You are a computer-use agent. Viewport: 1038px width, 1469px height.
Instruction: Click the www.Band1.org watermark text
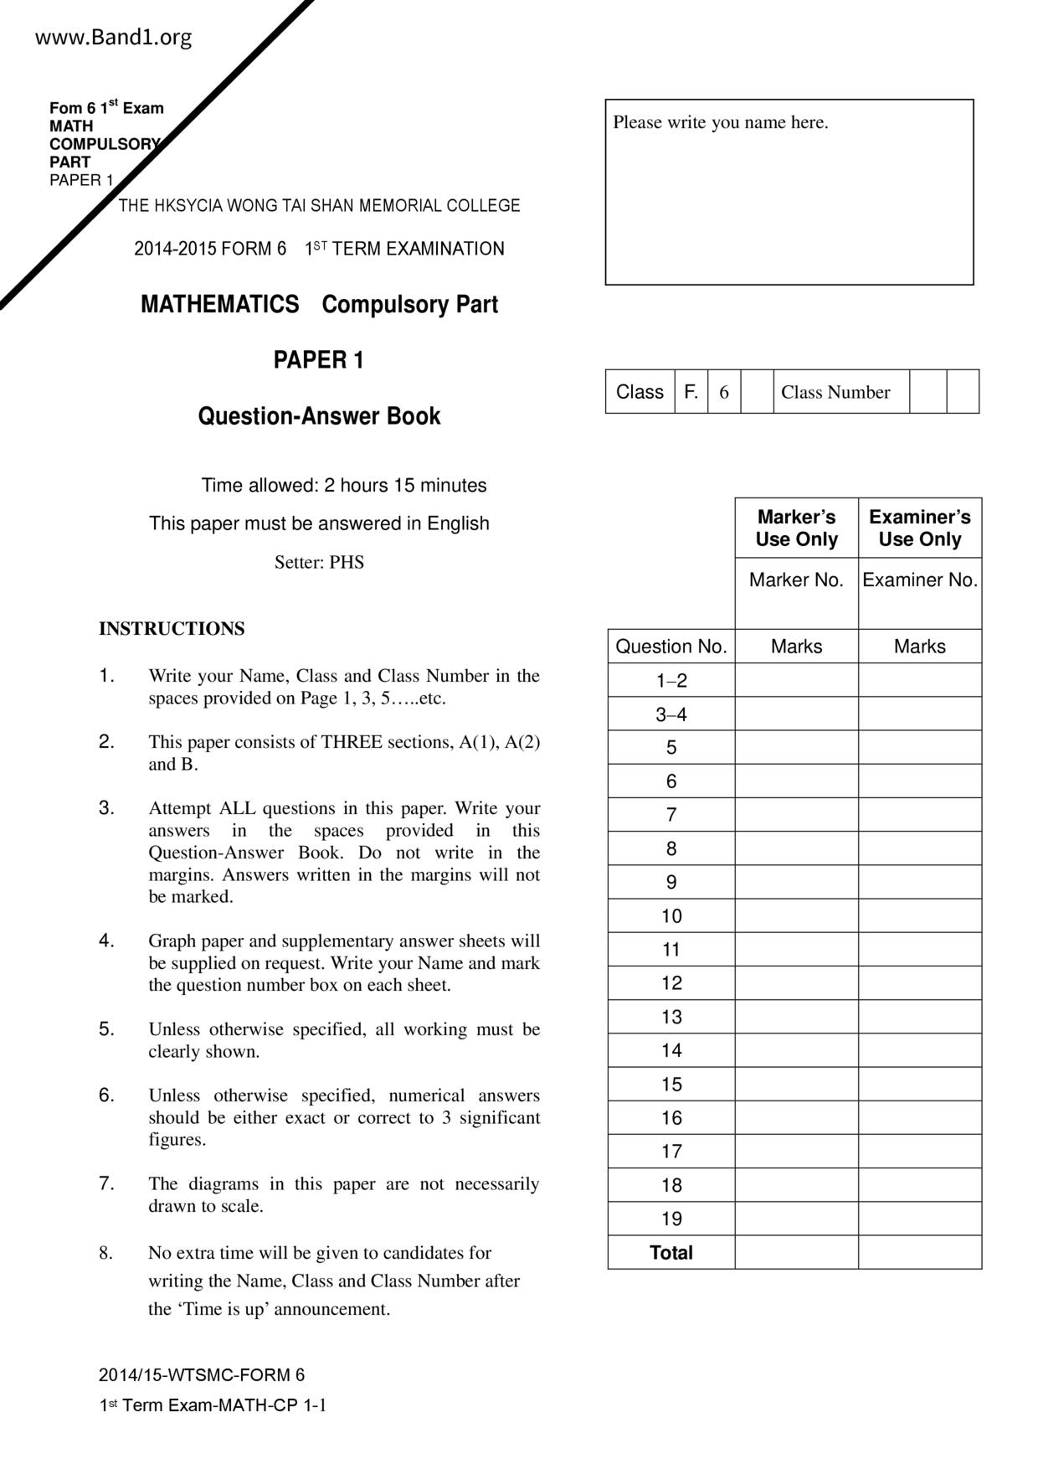(114, 38)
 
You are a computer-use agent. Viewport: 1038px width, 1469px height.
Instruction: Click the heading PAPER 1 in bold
(318, 360)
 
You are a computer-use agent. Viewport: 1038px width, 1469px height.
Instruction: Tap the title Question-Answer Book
(319, 416)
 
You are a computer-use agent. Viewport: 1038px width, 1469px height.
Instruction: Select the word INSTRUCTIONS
(172, 629)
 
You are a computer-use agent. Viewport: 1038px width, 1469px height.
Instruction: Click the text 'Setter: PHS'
(319, 562)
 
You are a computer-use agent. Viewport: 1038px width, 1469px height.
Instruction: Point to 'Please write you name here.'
(721, 122)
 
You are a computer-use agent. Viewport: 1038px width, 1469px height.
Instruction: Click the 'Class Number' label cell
(835, 392)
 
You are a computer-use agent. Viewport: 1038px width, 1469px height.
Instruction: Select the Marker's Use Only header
(796, 528)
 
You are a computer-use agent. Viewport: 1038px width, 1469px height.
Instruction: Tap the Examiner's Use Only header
(919, 528)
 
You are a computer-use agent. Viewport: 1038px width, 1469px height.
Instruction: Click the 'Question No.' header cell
(671, 647)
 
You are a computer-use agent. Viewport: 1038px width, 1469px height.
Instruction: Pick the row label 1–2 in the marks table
(671, 681)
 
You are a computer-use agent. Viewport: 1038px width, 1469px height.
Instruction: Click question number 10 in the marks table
(671, 916)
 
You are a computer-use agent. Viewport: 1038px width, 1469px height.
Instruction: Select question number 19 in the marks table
(671, 1219)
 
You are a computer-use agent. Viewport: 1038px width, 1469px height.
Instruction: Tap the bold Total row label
(671, 1253)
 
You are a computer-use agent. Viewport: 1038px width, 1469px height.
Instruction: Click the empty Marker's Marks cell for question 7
(796, 815)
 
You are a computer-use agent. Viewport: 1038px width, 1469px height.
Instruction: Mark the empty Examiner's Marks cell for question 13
(919, 1017)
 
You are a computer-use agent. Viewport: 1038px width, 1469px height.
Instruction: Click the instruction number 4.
(106, 940)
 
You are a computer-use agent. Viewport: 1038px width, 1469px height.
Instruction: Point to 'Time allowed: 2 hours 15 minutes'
(343, 486)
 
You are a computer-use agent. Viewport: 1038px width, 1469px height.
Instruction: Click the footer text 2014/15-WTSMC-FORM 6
(202, 1375)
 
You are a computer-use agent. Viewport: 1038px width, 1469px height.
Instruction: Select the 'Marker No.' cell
(796, 580)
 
